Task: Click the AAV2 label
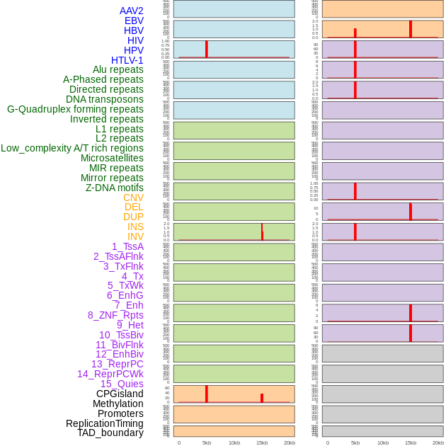[x=131, y=11]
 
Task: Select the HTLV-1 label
[x=127, y=60]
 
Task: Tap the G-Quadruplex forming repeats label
[x=75, y=109]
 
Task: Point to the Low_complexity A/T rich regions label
[x=72, y=148]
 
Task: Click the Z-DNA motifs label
[x=115, y=188]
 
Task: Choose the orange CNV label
[x=133, y=198]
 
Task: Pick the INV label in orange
[x=135, y=236]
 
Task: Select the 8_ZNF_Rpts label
[x=115, y=315]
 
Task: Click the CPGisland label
[x=120, y=394]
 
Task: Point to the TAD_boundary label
[x=110, y=433]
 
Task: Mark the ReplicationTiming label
[x=105, y=423]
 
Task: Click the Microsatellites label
[x=112, y=158]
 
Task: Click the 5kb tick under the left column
[x=207, y=442]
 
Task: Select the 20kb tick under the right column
[x=438, y=442]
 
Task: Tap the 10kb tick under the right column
[x=383, y=442]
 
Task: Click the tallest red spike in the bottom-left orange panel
[x=206, y=394]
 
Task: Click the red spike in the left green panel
[x=262, y=232]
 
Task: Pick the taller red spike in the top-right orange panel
[x=410, y=28]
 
